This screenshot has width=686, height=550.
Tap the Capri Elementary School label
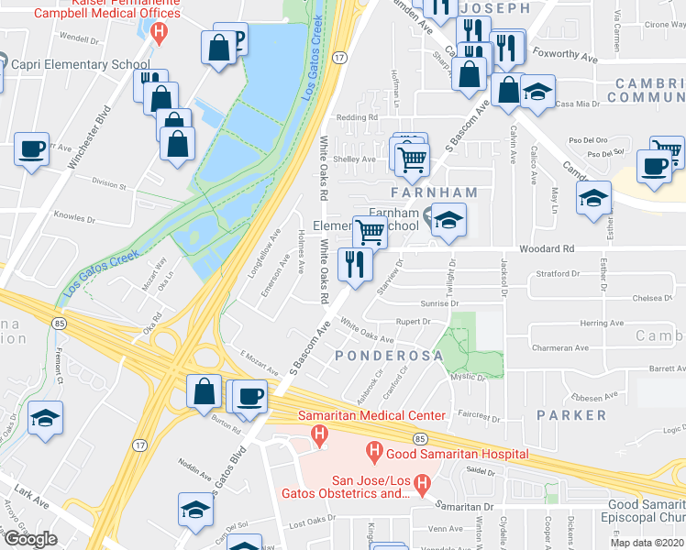tap(79, 64)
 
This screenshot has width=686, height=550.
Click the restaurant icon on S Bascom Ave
tap(353, 264)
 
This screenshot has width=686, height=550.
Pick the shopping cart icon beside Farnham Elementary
tap(370, 231)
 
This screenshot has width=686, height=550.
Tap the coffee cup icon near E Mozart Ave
tap(249, 396)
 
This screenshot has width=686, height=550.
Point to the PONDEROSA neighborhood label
tap(382, 355)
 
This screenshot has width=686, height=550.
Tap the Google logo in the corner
tap(29, 538)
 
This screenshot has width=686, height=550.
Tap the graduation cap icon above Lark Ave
tap(45, 417)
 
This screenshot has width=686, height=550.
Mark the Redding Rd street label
tap(358, 118)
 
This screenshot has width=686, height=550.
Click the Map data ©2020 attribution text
tap(647, 543)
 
